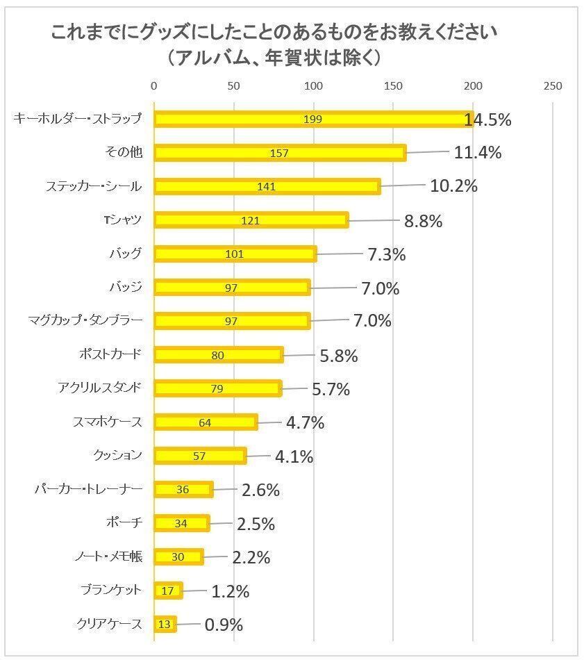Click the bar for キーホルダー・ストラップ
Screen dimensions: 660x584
(x=312, y=119)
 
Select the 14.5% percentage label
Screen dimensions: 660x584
(x=488, y=119)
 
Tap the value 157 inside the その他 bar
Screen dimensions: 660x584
(x=278, y=153)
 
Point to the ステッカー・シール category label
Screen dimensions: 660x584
(x=94, y=186)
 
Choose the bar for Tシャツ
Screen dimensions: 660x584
(x=251, y=221)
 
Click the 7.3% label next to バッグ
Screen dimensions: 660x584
(x=386, y=254)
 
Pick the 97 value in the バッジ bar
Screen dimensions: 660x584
(x=231, y=288)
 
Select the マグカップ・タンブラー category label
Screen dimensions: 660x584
(x=85, y=320)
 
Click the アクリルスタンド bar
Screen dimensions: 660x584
(x=217, y=388)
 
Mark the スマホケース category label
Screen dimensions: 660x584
(x=107, y=422)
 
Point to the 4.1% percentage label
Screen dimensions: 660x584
(x=294, y=457)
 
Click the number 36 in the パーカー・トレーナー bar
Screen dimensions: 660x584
(x=183, y=490)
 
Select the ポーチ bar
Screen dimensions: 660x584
(x=181, y=523)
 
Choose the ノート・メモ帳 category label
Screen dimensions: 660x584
(x=108, y=556)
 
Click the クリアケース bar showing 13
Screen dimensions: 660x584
(x=165, y=624)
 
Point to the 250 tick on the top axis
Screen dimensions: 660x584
(x=552, y=86)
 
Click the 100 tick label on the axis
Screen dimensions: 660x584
(x=314, y=86)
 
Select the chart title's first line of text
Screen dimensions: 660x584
(x=275, y=33)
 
